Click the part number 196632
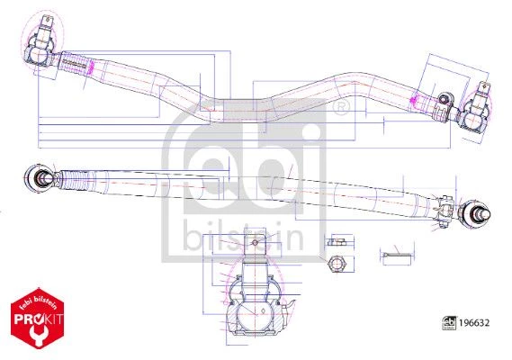[x=474, y=323]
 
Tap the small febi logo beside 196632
[x=449, y=323]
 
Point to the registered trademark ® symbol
[x=340, y=108]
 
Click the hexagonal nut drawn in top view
[x=337, y=264]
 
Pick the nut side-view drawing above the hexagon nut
[x=337, y=242]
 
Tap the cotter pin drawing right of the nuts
[x=396, y=255]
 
